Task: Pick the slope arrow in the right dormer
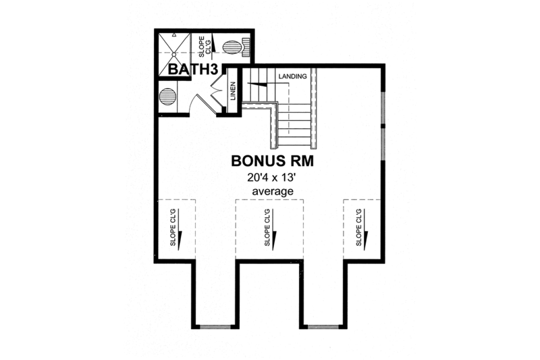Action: point(367,236)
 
